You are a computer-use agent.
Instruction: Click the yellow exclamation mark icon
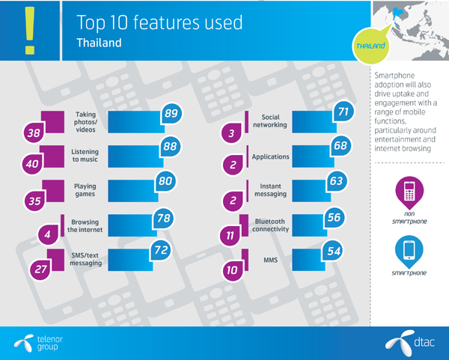(30, 28)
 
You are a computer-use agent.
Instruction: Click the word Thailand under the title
(99, 43)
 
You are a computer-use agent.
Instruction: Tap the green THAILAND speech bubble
(372, 46)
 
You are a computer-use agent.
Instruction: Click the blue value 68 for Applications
(340, 147)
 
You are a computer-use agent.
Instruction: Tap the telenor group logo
(37, 342)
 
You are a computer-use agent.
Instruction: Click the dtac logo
(410, 342)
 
